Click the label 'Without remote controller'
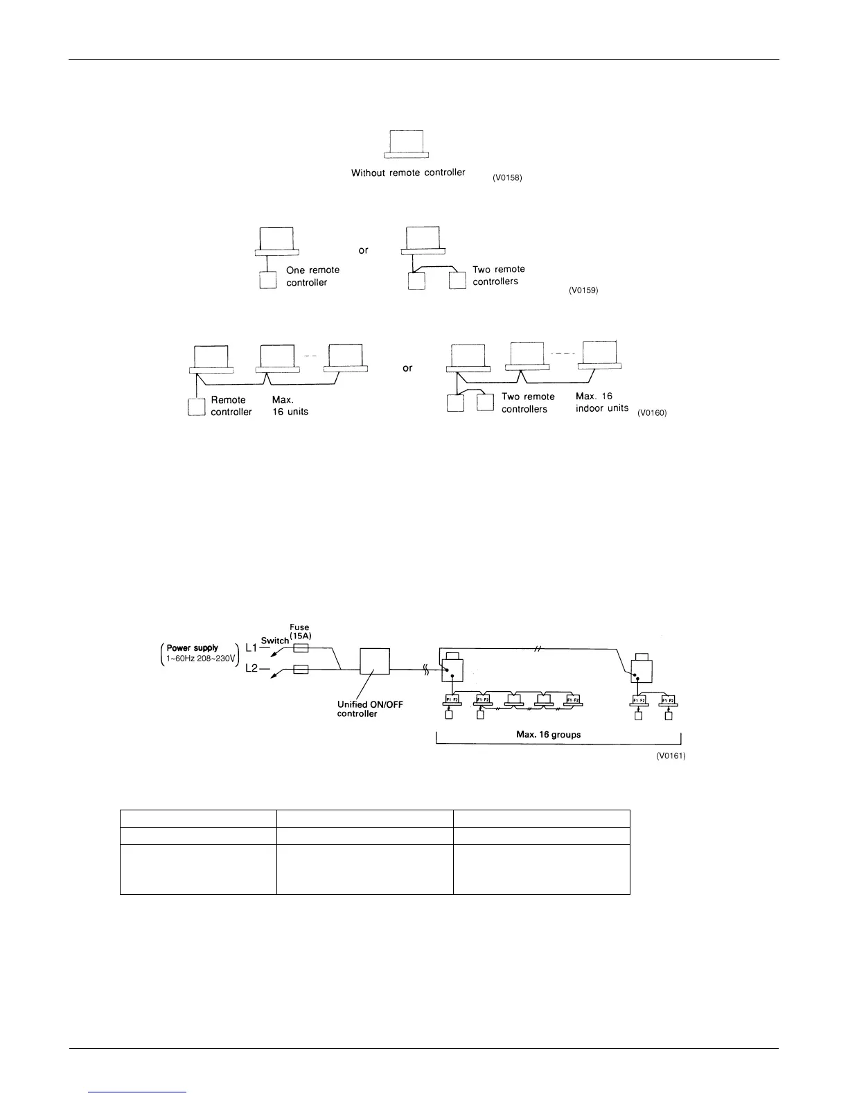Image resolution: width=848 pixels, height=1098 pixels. (408, 173)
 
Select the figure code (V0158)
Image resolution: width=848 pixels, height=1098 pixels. (507, 178)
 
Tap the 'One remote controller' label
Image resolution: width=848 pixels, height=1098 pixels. (312, 276)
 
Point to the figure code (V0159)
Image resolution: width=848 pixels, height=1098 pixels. (583, 290)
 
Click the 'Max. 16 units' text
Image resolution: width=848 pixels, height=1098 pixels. (290, 406)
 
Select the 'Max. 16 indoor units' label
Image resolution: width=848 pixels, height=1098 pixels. (601, 402)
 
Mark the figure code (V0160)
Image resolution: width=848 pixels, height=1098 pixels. (652, 413)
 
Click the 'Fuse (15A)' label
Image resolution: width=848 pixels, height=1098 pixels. (299, 631)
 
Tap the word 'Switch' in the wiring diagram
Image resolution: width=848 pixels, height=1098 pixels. (274, 640)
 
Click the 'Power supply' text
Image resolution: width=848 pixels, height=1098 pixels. (193, 648)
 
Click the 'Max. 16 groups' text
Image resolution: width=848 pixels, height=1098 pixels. (547, 734)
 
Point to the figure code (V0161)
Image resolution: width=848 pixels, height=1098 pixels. (671, 756)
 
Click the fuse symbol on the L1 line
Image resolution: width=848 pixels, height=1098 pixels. (301, 647)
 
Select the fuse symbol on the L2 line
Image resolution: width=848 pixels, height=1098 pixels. (301, 669)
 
